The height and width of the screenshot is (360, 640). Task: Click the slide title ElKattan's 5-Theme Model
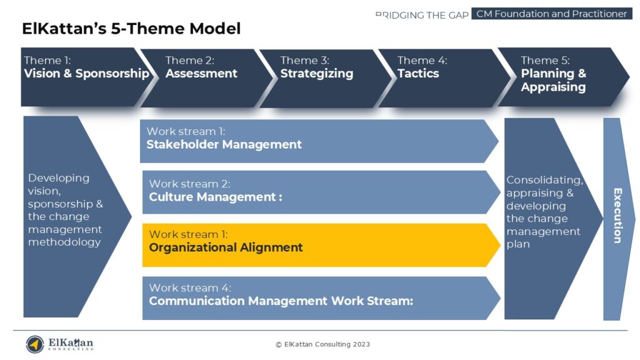click(x=131, y=29)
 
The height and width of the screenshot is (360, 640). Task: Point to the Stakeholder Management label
click(x=224, y=145)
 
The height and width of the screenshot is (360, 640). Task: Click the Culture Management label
click(x=216, y=197)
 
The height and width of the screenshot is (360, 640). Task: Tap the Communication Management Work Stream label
click(x=281, y=301)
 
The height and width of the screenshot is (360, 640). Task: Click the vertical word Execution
click(x=617, y=215)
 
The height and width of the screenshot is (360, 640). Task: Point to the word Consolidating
click(x=544, y=181)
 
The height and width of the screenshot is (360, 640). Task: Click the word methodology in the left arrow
click(x=64, y=242)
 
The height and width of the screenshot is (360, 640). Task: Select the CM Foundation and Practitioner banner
click(x=551, y=14)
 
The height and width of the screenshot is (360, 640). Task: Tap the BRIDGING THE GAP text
click(x=422, y=14)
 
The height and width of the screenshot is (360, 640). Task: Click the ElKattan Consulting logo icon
click(x=35, y=344)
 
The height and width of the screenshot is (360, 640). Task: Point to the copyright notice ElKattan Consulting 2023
click(x=323, y=344)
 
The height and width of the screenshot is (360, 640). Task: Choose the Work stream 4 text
click(x=190, y=288)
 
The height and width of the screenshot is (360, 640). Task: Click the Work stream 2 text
click(x=189, y=184)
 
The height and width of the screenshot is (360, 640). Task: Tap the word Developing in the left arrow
click(x=59, y=178)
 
